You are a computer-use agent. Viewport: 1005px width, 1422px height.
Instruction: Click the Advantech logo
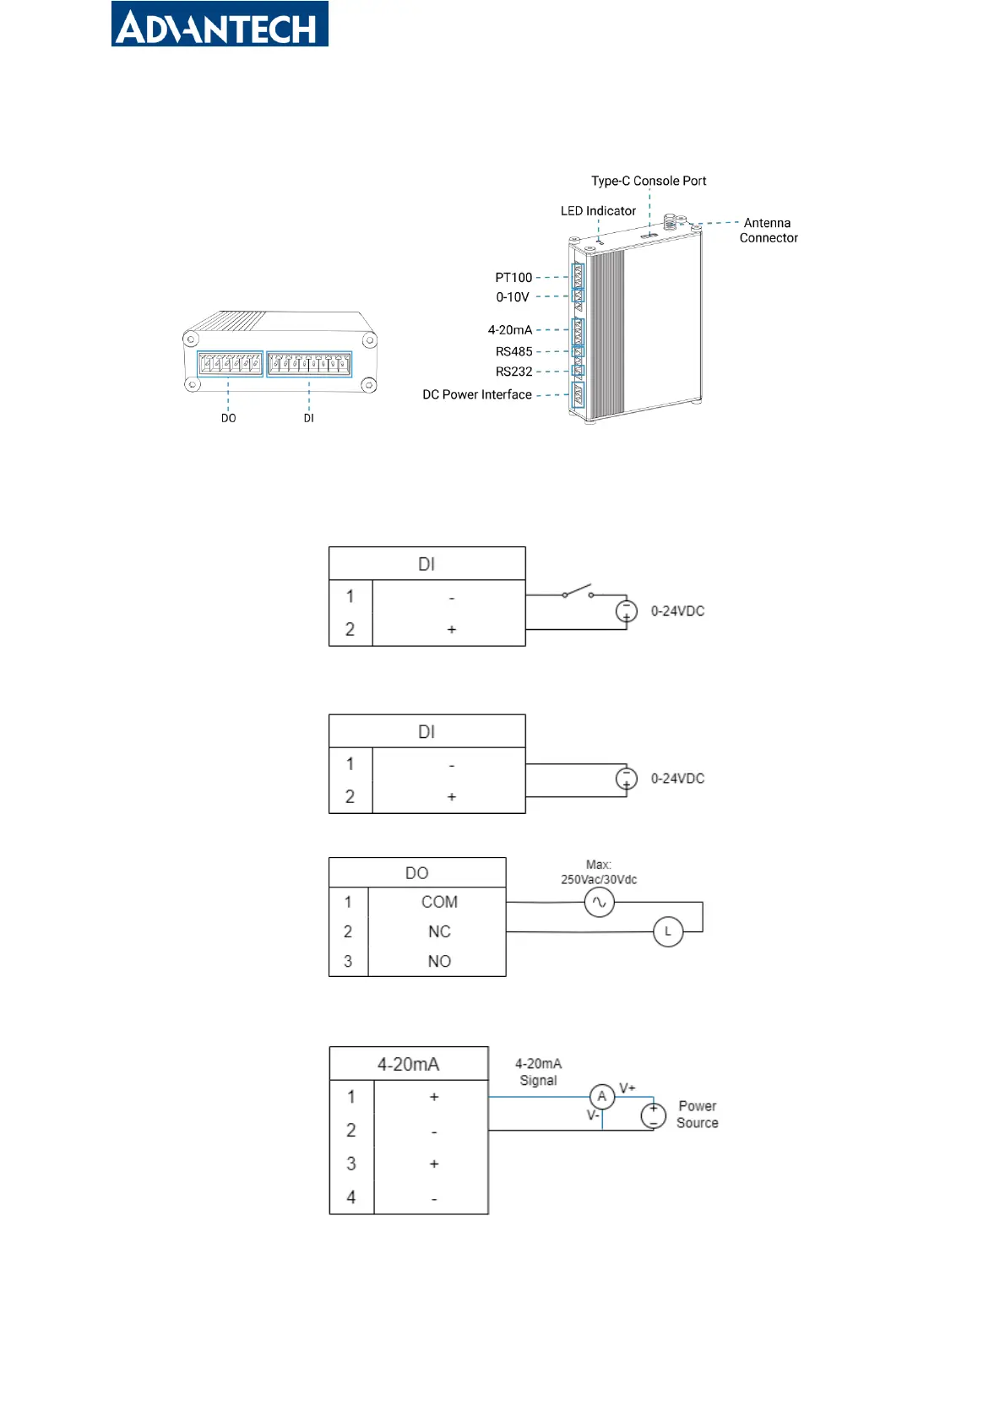click(220, 24)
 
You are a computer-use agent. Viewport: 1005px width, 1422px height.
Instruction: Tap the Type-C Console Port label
click(649, 181)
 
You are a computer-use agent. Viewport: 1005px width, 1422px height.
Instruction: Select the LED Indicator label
click(597, 211)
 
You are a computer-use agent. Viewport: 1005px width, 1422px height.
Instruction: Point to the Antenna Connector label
click(769, 231)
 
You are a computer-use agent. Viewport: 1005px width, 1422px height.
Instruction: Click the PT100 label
click(513, 278)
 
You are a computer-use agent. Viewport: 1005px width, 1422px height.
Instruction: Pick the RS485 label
click(513, 351)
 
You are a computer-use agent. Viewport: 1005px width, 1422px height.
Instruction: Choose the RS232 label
click(513, 372)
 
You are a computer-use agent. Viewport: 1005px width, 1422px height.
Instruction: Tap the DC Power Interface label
click(477, 395)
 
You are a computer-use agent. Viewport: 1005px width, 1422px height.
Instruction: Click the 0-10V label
click(513, 297)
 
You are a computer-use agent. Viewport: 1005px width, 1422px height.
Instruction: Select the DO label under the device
click(229, 418)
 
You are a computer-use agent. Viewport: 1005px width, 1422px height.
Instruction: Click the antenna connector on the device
click(669, 222)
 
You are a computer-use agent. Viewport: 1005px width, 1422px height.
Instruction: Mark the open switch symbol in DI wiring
click(577, 592)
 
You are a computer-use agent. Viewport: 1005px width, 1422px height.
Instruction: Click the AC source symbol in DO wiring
click(599, 902)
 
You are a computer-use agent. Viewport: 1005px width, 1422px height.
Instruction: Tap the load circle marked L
click(667, 932)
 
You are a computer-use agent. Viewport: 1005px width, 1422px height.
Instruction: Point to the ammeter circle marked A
click(601, 1096)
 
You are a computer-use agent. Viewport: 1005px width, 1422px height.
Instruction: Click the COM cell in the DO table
click(438, 902)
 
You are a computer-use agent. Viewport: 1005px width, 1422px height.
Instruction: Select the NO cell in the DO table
click(438, 961)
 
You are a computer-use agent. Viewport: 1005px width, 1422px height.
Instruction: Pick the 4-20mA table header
click(408, 1064)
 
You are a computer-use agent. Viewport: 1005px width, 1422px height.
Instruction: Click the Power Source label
click(697, 1114)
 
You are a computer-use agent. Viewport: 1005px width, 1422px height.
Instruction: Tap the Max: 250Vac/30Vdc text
click(598, 872)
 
